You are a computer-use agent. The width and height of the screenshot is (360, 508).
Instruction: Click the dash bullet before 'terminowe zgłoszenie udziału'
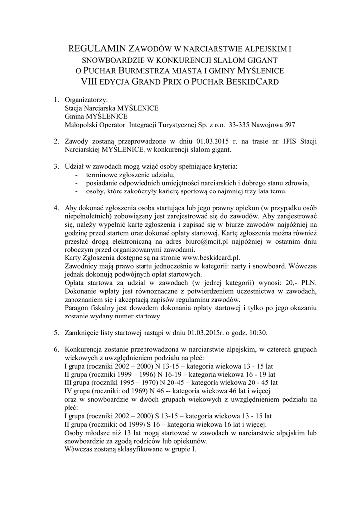coord(76,175)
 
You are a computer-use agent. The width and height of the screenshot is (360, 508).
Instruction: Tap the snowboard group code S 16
coord(152,424)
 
